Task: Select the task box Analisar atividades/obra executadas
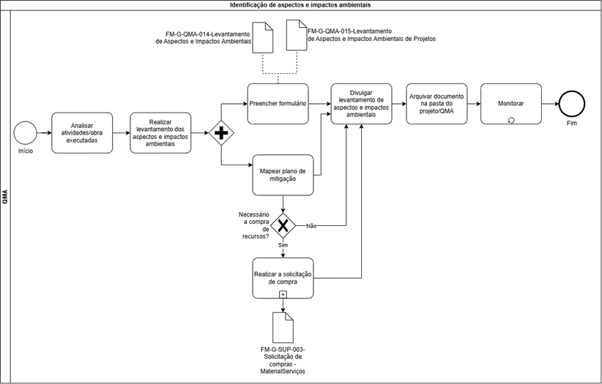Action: (x=82, y=132)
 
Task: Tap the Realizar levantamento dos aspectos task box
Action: (x=160, y=132)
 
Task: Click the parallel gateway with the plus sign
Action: (x=221, y=133)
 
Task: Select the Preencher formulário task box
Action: (x=278, y=104)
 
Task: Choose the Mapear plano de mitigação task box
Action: (x=283, y=175)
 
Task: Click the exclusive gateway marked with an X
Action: (x=283, y=225)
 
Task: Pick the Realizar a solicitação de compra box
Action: (x=283, y=278)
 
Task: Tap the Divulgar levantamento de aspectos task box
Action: (x=361, y=104)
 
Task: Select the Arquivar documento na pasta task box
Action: (x=436, y=104)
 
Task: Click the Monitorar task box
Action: (x=511, y=104)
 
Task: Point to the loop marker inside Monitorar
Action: (x=511, y=121)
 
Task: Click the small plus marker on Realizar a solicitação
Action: (x=283, y=295)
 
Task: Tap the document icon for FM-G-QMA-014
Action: (x=263, y=37)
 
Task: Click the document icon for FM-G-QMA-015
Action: (x=297, y=35)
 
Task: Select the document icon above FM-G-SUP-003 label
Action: (x=283, y=328)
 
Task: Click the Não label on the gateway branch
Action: (x=311, y=226)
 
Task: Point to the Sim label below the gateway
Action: (x=283, y=245)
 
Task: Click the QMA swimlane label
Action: (x=5, y=197)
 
